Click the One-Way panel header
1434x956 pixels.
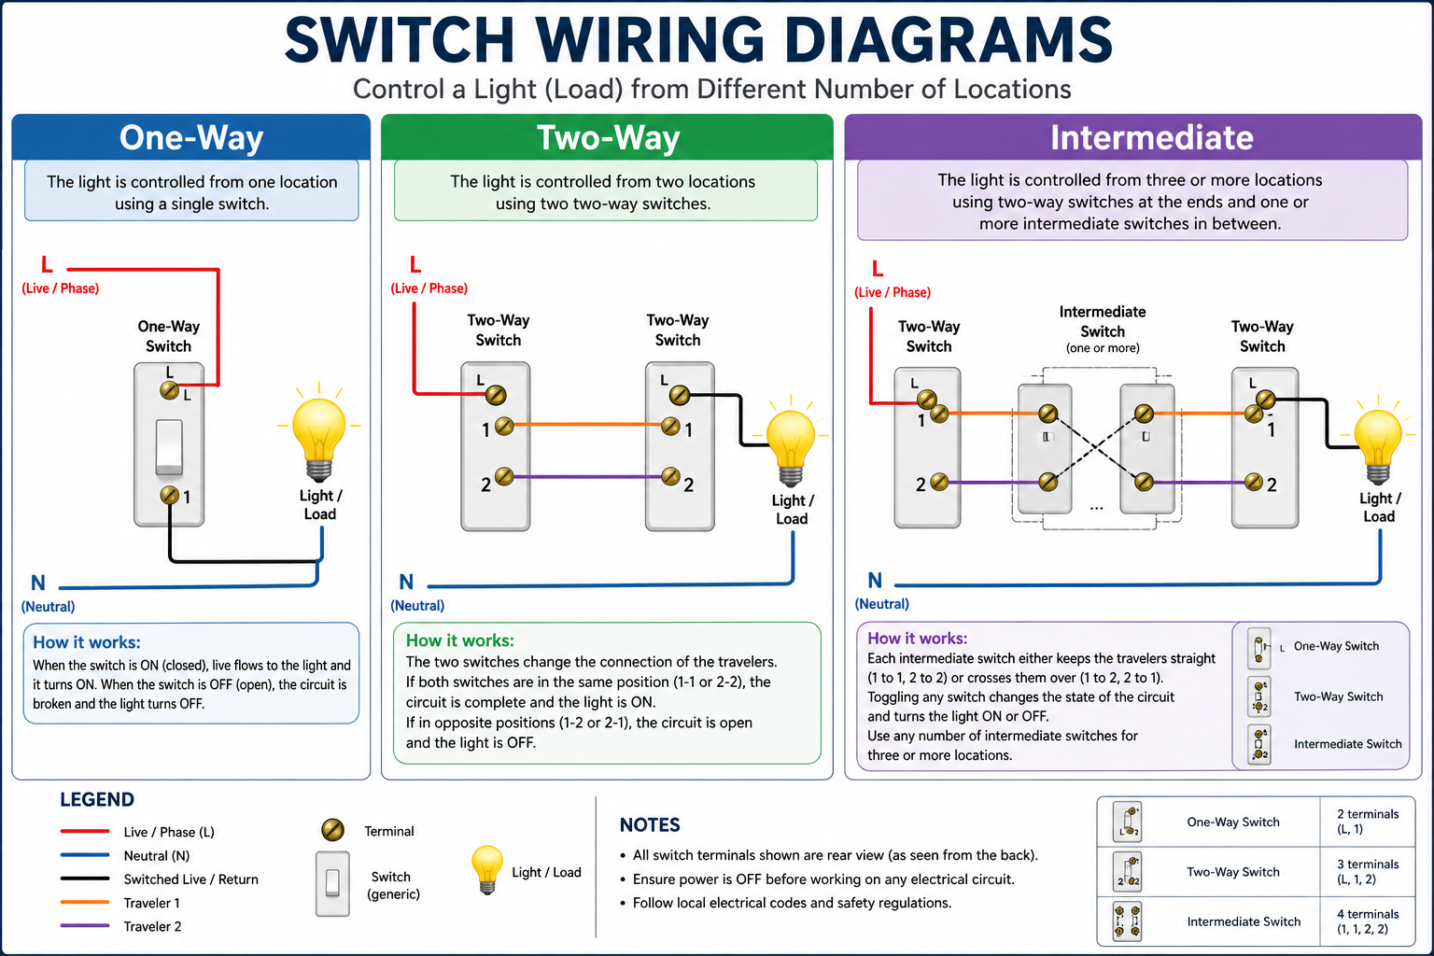pos(191,137)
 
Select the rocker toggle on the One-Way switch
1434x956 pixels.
pos(169,446)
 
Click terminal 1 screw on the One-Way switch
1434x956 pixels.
pos(170,495)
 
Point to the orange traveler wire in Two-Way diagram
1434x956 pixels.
pos(588,425)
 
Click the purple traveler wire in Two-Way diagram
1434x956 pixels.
pos(588,477)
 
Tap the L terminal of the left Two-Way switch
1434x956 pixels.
pos(496,394)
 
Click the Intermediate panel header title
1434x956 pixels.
pos(1151,137)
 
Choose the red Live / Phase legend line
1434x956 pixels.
pos(85,831)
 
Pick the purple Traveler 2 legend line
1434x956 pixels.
pos(85,926)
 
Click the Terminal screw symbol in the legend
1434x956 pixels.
pos(332,830)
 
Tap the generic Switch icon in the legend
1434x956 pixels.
pos(332,882)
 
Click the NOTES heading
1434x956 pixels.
pos(650,825)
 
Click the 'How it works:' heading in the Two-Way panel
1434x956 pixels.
pos(459,640)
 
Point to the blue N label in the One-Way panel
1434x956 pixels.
pos(38,583)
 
